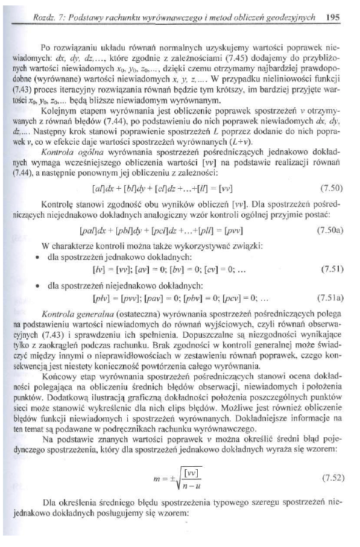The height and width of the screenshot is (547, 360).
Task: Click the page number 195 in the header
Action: [x=330, y=18]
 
